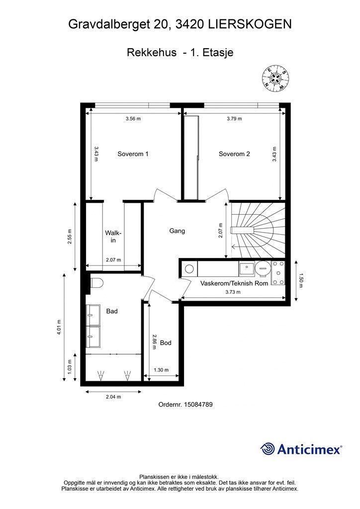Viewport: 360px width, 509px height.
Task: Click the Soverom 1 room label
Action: tap(133, 154)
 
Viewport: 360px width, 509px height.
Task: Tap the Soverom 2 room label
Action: tap(234, 154)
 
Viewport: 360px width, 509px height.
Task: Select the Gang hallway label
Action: tap(177, 231)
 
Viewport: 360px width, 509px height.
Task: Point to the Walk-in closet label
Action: tap(113, 237)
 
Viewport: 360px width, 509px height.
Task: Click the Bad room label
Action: tap(112, 311)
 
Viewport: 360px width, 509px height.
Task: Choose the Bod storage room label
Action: tap(166, 343)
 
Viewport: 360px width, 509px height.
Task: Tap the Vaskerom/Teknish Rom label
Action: tap(234, 283)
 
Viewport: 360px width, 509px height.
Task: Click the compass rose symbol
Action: tap(275, 78)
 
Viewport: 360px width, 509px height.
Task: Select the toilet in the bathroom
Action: tap(96, 283)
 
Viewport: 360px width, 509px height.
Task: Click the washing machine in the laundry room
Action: tap(189, 269)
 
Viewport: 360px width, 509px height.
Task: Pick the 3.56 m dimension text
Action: tap(133, 119)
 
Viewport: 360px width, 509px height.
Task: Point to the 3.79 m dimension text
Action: tap(234, 119)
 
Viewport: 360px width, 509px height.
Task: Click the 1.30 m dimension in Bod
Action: tap(161, 370)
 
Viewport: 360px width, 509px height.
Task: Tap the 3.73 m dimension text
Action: tap(233, 292)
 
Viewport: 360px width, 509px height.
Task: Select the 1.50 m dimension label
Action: tap(300, 280)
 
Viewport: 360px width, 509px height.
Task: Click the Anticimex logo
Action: tap(301, 449)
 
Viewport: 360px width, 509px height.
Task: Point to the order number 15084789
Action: tap(198, 405)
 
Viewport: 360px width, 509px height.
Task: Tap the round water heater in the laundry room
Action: tap(262, 269)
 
